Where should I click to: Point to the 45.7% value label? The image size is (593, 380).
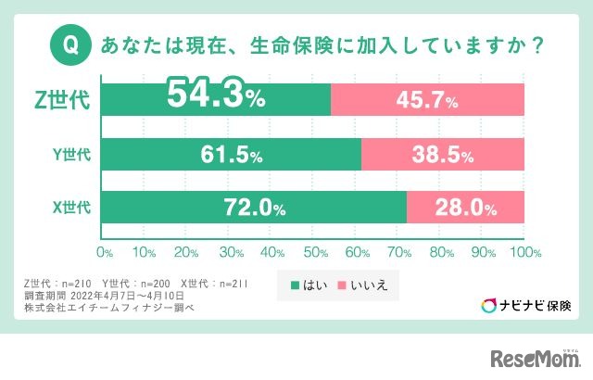(x=427, y=100)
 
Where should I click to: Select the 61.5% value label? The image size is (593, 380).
(x=232, y=154)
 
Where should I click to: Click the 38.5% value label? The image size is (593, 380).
(x=443, y=154)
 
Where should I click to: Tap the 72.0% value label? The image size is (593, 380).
(x=251, y=209)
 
